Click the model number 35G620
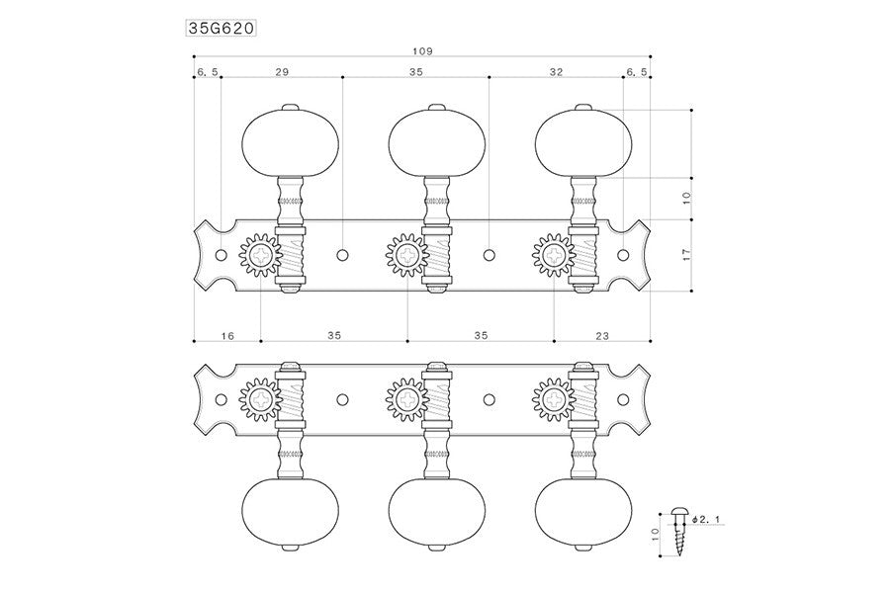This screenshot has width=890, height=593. [222, 29]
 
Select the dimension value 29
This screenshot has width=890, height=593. [282, 73]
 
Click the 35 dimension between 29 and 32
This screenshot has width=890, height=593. [415, 73]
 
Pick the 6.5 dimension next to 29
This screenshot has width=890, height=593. [208, 73]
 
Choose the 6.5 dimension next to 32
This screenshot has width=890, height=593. [637, 73]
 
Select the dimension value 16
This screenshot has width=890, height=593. [226, 336]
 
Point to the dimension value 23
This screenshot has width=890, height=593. [602, 336]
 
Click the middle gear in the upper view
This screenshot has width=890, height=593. [406, 255]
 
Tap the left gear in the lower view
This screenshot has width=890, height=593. [261, 399]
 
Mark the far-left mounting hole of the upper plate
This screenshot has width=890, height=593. [221, 255]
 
